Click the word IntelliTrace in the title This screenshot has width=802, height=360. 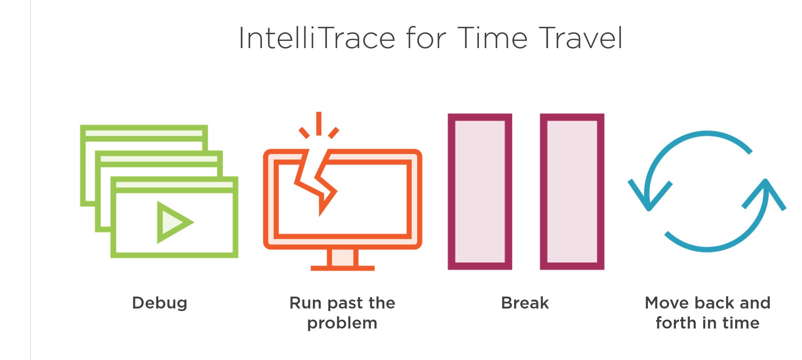[x=317, y=38]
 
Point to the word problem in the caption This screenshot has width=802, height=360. [x=342, y=323]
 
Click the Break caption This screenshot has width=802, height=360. [x=525, y=303]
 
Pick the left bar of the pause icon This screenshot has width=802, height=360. [x=480, y=191]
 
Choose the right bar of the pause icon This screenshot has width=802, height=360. [x=572, y=191]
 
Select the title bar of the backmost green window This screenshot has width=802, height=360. [x=144, y=133]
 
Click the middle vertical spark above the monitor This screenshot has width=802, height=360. [x=319, y=123]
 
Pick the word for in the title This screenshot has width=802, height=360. [x=426, y=38]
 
